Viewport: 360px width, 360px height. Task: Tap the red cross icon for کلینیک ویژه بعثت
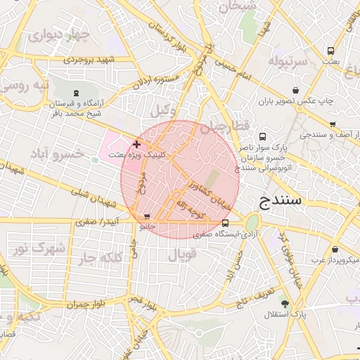(x=136, y=144)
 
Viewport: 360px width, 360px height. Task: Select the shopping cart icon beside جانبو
(x=146, y=217)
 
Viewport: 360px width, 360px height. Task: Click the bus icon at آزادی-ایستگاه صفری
(x=224, y=224)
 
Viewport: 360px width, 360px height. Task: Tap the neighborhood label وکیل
(x=164, y=111)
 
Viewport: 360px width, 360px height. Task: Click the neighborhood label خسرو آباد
(x=60, y=153)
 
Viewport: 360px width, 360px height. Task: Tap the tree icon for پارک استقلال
(x=284, y=304)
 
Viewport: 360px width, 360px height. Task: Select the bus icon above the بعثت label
(x=330, y=51)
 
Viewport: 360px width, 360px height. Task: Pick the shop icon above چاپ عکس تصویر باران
(x=296, y=90)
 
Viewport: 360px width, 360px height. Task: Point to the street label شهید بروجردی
(x=94, y=60)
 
